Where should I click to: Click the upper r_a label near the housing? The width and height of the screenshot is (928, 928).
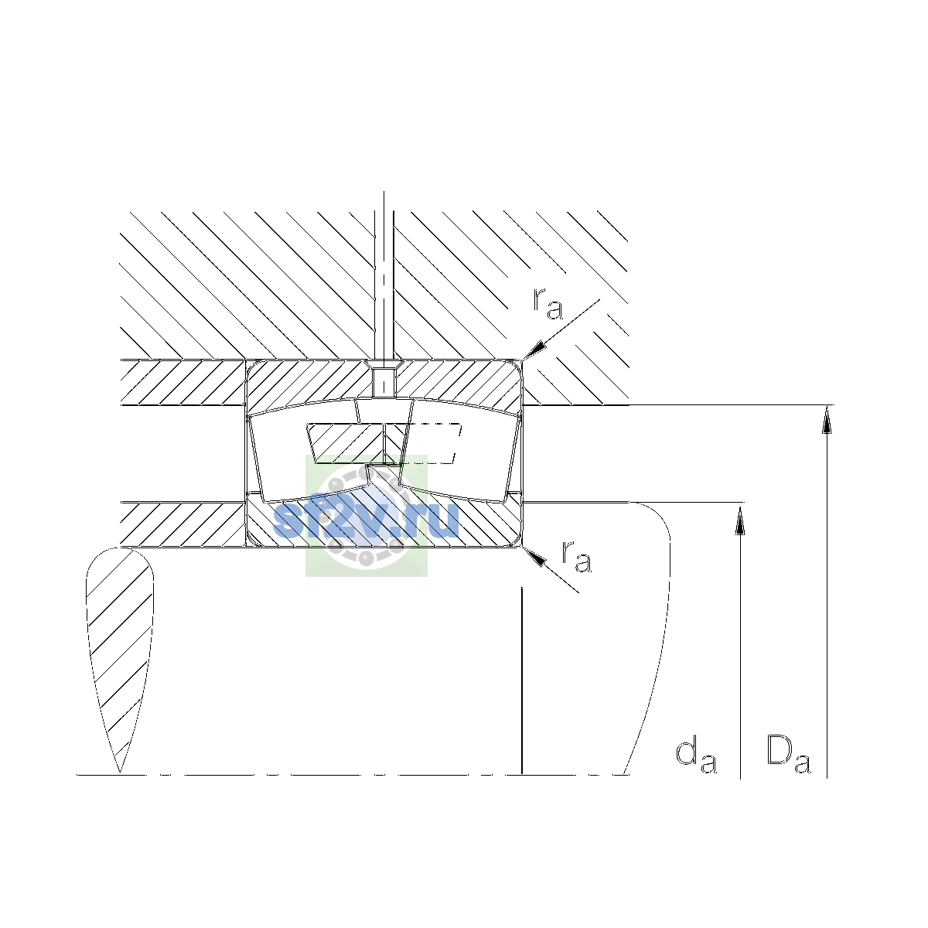pyautogui.click(x=548, y=305)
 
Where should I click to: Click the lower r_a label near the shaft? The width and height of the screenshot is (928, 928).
pyautogui.click(x=576, y=557)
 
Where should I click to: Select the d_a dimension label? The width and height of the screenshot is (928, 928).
pyautogui.click(x=696, y=758)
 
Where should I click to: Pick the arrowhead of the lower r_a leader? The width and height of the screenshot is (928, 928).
pyautogui.click(x=534, y=556)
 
